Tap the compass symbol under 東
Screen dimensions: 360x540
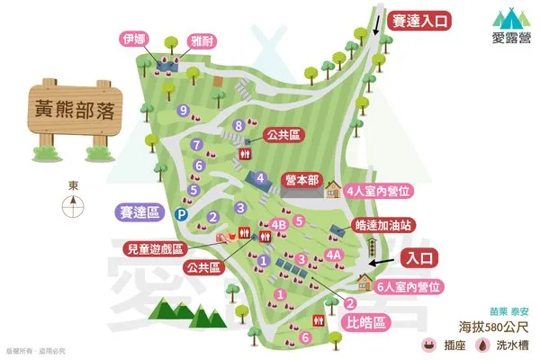pyautogui.click(x=73, y=208)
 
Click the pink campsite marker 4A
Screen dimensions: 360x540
pyautogui.click(x=334, y=256)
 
